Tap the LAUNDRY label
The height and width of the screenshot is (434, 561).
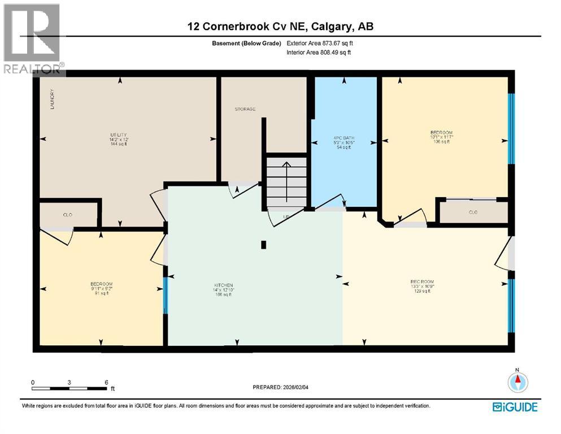[x=51, y=99]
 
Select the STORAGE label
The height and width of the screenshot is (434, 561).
[x=246, y=109]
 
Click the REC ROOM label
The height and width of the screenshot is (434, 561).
[x=421, y=281]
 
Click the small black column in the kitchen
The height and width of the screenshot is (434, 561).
[x=263, y=245]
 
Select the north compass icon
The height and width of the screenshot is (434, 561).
[x=516, y=382]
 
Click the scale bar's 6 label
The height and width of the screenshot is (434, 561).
[x=106, y=382]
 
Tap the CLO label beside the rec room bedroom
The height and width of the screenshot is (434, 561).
[x=473, y=212]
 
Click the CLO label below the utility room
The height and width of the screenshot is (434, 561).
[x=67, y=215]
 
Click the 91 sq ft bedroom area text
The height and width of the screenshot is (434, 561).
[x=102, y=293]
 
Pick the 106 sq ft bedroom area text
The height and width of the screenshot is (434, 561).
[x=441, y=142]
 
